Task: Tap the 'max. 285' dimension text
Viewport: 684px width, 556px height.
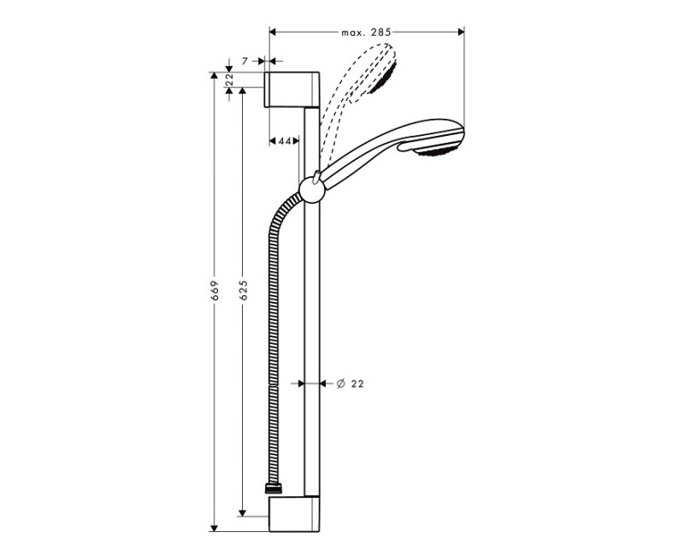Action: point(366,32)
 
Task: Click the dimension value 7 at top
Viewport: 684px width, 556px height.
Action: point(245,61)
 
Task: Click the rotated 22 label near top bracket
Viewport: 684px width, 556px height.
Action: point(230,80)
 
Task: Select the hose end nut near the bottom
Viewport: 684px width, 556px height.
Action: point(273,490)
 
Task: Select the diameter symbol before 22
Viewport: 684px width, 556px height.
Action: point(339,384)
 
